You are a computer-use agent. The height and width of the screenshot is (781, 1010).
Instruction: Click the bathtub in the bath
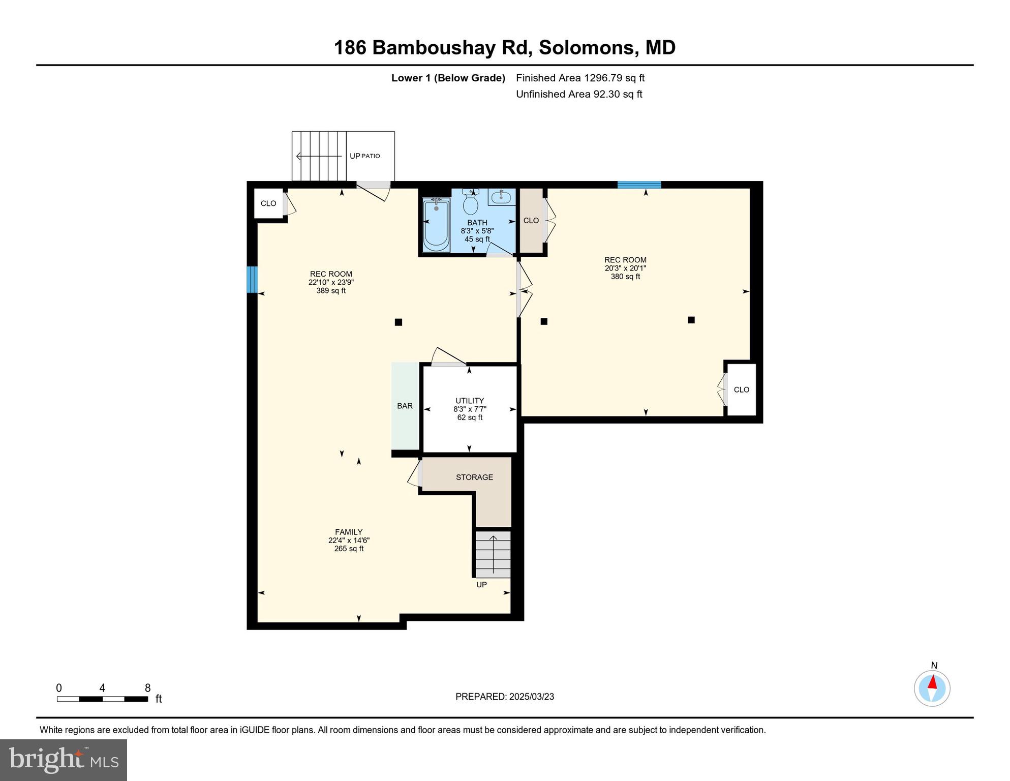click(x=436, y=225)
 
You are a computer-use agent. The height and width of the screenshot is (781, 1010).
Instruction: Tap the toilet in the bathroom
click(x=470, y=204)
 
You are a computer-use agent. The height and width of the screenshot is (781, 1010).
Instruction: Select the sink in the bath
click(x=501, y=197)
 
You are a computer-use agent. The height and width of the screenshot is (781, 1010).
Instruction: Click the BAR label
click(x=405, y=406)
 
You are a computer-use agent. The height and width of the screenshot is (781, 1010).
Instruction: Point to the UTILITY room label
click(x=469, y=401)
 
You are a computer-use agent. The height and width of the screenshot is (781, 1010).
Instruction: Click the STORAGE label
click(x=474, y=477)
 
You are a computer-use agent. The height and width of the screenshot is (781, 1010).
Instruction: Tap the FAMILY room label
click(x=348, y=532)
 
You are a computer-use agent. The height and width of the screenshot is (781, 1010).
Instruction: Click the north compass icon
click(x=932, y=688)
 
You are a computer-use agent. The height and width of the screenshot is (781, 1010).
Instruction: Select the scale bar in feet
click(x=102, y=699)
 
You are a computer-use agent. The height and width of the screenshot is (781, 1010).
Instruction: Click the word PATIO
click(x=371, y=156)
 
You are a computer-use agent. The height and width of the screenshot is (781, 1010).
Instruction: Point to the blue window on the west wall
click(x=252, y=280)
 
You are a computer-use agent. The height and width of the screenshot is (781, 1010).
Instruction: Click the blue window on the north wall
click(x=639, y=185)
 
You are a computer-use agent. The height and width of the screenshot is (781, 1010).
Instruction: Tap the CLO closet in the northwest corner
click(x=268, y=203)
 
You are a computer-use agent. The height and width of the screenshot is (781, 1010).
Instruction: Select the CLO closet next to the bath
click(x=531, y=220)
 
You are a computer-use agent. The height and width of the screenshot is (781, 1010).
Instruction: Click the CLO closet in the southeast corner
click(x=741, y=389)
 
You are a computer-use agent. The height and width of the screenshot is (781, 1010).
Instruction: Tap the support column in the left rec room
click(x=399, y=322)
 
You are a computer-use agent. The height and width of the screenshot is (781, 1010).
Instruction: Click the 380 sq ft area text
click(x=625, y=277)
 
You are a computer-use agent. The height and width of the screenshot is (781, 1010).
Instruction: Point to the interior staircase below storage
click(x=493, y=554)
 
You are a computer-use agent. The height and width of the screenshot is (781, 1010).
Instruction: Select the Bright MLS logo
click(x=64, y=760)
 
